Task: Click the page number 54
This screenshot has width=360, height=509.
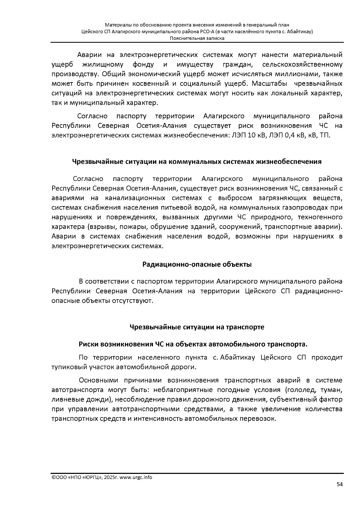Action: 340,484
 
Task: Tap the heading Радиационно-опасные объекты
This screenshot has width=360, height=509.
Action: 197,265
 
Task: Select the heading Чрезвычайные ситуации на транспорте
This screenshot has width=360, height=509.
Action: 197,327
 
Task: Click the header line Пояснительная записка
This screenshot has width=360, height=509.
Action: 197,38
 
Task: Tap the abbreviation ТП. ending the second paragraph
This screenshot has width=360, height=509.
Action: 325,135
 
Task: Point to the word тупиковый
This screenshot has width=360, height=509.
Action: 65,367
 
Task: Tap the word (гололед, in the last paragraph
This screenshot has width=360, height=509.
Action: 300,390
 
